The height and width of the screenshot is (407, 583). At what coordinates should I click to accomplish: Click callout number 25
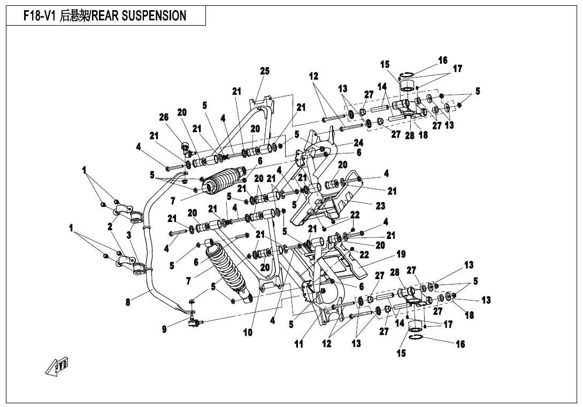point(265,71)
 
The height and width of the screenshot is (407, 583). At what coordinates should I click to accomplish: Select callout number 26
point(164,117)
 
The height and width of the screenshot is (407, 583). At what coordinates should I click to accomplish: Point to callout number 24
point(358,143)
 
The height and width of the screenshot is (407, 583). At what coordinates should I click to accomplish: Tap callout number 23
point(380,205)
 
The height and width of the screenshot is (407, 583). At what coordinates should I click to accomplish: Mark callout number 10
point(248,332)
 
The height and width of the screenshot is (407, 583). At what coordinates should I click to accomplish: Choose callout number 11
point(298,344)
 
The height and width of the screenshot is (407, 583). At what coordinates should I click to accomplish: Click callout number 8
point(128,302)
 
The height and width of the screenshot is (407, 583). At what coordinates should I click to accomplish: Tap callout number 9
point(164,329)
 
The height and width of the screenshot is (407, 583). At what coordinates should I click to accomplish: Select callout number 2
point(110,227)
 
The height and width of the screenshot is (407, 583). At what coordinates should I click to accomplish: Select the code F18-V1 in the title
point(39,16)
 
